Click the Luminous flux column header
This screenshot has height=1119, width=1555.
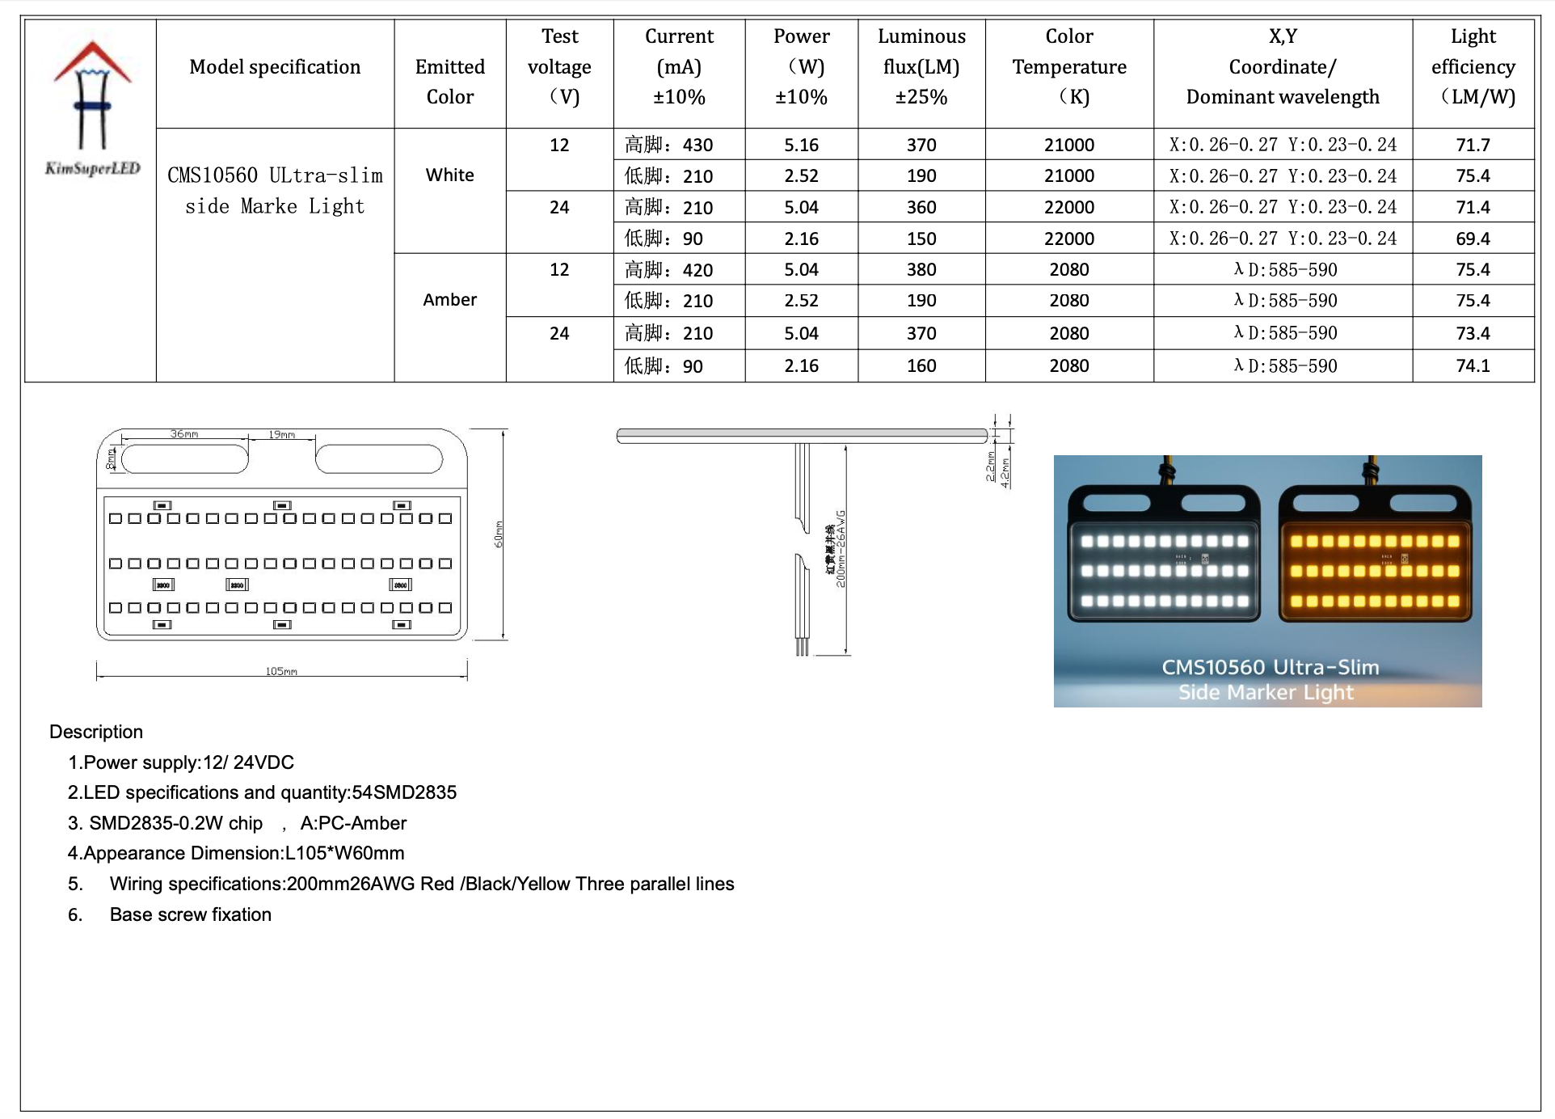pyautogui.click(x=921, y=66)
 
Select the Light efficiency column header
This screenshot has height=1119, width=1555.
pyautogui.click(x=1473, y=66)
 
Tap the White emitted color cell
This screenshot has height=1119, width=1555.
pyautogui.click(x=450, y=175)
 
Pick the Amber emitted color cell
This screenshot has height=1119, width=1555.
pyautogui.click(x=450, y=300)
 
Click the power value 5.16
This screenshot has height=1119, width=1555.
pyautogui.click(x=801, y=145)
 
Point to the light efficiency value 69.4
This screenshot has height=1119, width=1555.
pyautogui.click(x=1473, y=239)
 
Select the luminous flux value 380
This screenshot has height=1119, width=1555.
pyautogui.click(x=921, y=269)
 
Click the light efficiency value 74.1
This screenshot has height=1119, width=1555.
pyautogui.click(x=1473, y=365)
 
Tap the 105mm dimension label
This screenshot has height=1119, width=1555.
pyautogui.click(x=281, y=671)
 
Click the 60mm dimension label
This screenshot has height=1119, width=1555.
pyautogui.click(x=499, y=534)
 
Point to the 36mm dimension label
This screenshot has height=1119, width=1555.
pyautogui.click(x=184, y=434)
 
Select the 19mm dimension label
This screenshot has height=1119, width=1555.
pyautogui.click(x=282, y=434)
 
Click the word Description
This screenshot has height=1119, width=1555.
pyautogui.click(x=96, y=732)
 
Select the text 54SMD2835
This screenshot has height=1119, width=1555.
pyautogui.click(x=404, y=792)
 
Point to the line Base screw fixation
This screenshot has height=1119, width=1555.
pyautogui.click(x=191, y=914)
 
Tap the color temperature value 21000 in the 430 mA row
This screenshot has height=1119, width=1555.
pyautogui.click(x=1068, y=145)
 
